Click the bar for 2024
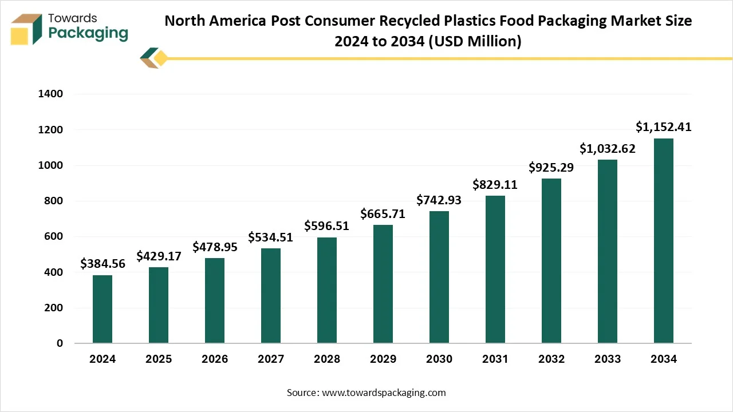point(103,309)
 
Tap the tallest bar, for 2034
point(664,240)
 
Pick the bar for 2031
point(495,269)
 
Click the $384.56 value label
point(103,264)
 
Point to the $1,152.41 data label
point(664,127)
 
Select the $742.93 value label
point(439,200)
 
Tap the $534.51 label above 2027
point(271,237)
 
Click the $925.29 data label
point(551,167)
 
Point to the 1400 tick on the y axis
point(50,94)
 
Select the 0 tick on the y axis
point(60,343)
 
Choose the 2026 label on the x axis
point(215,359)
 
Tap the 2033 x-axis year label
point(608,359)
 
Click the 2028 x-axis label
point(327,359)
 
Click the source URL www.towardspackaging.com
point(384,393)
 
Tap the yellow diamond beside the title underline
point(161,58)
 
